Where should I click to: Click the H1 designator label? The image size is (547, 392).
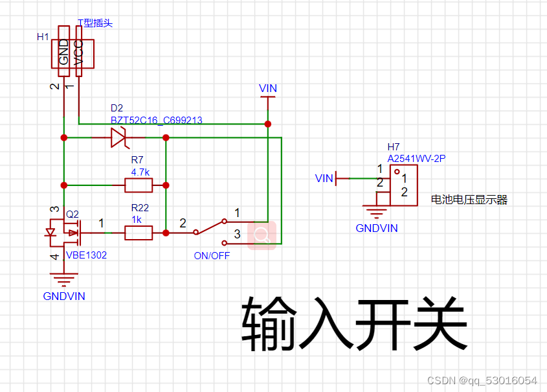[43, 37]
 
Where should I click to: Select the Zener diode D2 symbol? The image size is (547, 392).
[118, 137]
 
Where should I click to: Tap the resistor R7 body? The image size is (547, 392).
[139, 186]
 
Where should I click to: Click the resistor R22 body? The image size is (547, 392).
[139, 233]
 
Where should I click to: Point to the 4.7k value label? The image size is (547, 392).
[140, 172]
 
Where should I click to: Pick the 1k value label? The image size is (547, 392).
[137, 219]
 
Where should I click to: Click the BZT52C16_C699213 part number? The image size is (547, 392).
[156, 120]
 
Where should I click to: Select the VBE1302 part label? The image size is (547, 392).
[86, 255]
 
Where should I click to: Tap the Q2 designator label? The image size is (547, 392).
[73, 214]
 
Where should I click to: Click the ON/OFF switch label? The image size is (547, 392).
[212, 255]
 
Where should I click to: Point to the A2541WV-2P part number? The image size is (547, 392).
[416, 157]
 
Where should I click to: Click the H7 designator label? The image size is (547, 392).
[394, 146]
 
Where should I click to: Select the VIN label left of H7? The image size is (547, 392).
[324, 178]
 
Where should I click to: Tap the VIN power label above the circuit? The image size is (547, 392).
[267, 88]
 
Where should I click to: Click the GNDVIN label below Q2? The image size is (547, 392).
[64, 296]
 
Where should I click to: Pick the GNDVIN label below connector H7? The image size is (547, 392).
[377, 228]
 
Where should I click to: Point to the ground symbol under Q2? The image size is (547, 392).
[63, 281]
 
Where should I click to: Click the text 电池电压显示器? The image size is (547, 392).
[469, 200]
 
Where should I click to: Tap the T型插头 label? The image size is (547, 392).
[95, 23]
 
